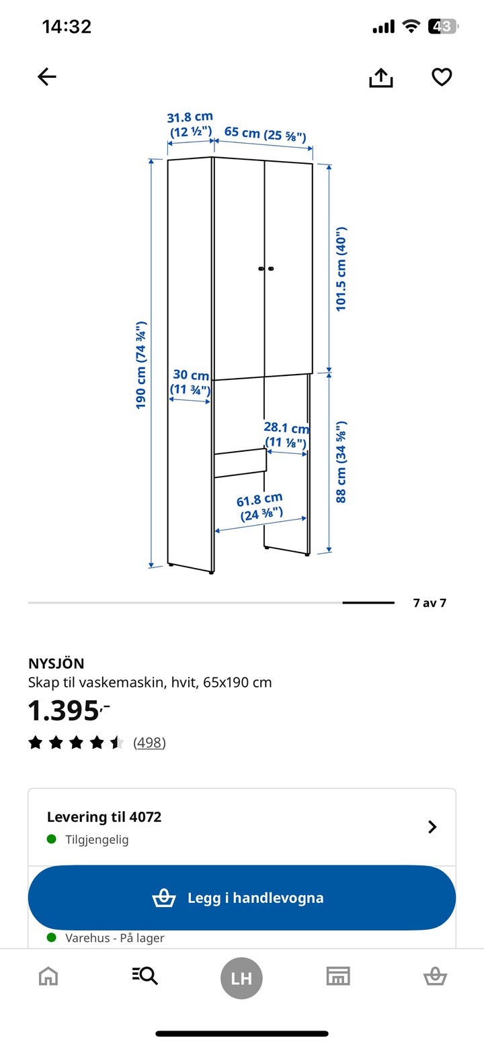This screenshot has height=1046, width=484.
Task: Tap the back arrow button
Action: [47, 77]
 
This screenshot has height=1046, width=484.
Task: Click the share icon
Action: [381, 77]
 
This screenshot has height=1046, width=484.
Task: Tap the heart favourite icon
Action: [442, 77]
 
